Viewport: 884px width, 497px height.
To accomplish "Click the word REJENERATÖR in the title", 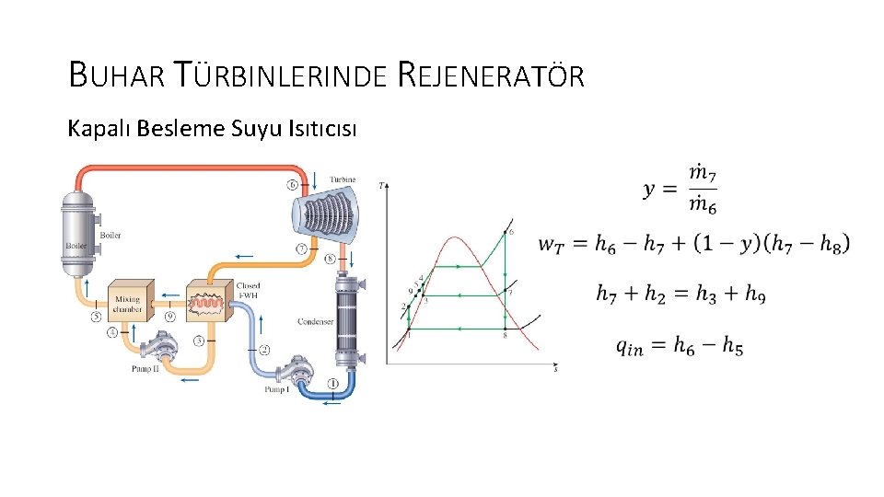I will [492, 75].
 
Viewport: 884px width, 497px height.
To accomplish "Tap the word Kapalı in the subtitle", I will [99, 128].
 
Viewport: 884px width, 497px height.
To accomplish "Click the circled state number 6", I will [293, 184].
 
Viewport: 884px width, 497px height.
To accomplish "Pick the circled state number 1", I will [332, 383].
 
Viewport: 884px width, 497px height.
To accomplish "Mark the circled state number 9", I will [169, 316].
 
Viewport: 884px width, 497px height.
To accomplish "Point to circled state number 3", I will [199, 341].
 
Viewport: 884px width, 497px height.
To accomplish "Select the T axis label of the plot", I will [382, 186].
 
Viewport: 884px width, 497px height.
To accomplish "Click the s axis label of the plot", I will [554, 368].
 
